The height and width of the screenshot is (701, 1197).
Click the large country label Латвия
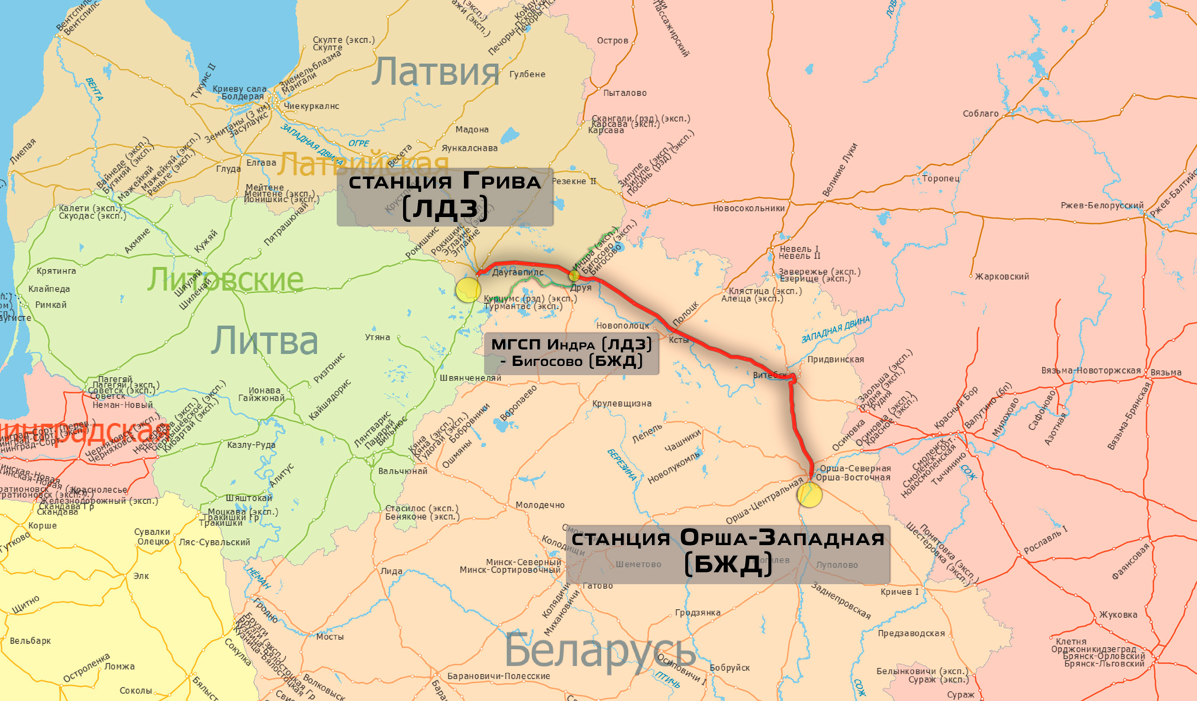pos(435,72)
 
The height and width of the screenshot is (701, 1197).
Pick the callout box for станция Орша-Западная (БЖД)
pos(728,554)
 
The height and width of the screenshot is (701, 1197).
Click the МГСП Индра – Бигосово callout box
pos(571,353)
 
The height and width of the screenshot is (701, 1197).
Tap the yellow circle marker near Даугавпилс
pos(468,290)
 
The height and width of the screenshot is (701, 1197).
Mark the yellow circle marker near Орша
pos(809,495)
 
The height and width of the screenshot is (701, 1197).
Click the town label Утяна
pos(377,337)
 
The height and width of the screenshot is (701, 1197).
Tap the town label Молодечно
pos(540,505)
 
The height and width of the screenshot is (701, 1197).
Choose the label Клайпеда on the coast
pos(49,289)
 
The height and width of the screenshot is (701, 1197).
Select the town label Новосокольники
pos(749,208)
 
